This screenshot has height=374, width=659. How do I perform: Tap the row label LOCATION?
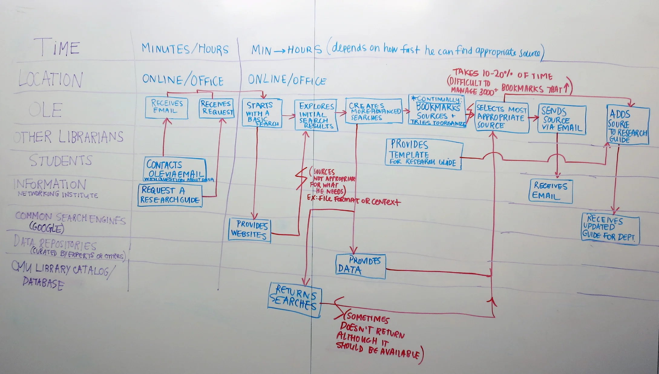[50, 79]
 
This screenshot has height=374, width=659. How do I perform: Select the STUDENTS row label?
[61, 160]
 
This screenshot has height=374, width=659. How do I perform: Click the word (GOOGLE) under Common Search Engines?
[47, 228]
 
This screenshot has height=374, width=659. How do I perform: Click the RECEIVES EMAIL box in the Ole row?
[166, 107]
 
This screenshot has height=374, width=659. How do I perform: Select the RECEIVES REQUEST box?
[217, 108]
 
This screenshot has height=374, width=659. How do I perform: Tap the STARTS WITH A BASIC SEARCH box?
[262, 113]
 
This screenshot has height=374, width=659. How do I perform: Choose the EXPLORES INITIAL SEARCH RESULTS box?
[316, 115]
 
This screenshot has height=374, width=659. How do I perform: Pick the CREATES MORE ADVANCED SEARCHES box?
[374, 111]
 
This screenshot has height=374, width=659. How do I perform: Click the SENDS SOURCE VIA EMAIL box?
[562, 119]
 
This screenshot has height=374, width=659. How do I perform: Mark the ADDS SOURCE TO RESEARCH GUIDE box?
[628, 125]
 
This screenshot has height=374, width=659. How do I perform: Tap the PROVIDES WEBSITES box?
[249, 230]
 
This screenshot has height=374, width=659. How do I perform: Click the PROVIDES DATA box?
[360, 266]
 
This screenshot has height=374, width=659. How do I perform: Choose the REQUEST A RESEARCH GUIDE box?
[170, 195]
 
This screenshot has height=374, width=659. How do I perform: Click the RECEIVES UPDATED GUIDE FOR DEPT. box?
[610, 229]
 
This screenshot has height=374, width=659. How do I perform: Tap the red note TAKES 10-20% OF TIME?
[502, 74]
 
